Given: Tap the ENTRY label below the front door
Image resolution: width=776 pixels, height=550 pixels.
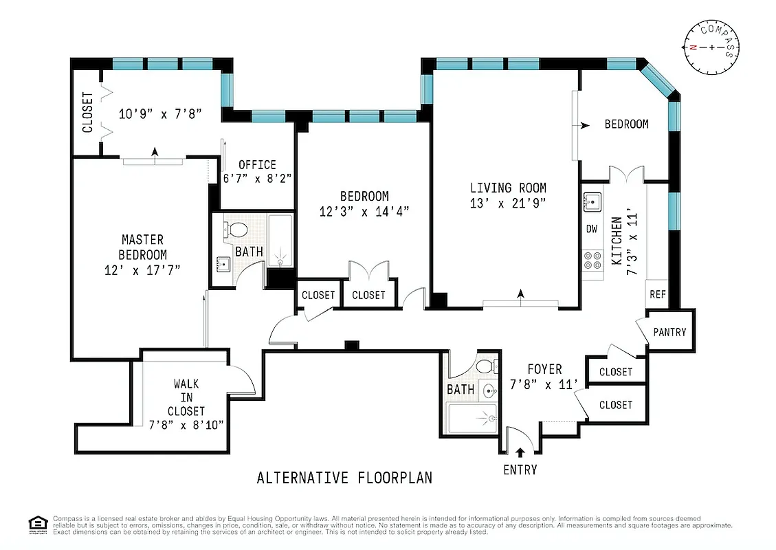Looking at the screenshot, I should click(x=520, y=470).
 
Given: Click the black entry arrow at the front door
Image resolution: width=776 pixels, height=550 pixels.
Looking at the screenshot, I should click(x=520, y=452).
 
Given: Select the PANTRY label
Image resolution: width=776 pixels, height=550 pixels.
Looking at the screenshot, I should click(x=669, y=332).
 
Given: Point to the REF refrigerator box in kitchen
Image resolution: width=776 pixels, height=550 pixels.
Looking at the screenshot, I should click(x=656, y=294).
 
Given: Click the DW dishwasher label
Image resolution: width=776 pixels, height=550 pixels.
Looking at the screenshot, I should click(x=591, y=230).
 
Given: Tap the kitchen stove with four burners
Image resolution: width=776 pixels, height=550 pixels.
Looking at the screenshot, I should click(x=591, y=259).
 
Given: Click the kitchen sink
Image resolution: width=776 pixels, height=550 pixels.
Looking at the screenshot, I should click(x=591, y=202).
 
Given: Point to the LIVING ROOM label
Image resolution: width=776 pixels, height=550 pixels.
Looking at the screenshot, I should click(x=508, y=187).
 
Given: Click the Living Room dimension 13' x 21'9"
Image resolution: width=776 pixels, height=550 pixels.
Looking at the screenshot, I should click(x=508, y=203).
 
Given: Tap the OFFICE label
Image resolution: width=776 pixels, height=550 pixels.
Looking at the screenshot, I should click(x=257, y=165).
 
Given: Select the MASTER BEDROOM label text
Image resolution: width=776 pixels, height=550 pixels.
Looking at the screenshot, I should click(x=142, y=247).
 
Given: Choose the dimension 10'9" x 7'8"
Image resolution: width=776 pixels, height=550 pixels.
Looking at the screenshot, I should click(x=159, y=113).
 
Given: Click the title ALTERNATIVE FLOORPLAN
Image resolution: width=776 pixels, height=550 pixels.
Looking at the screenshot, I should click(x=344, y=477).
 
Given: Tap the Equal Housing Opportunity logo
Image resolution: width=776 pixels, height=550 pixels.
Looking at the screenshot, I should click(x=36, y=524).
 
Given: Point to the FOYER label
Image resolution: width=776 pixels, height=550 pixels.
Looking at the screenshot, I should click(x=544, y=369).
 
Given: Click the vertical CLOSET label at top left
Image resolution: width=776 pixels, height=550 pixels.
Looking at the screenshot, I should click(x=87, y=113).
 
